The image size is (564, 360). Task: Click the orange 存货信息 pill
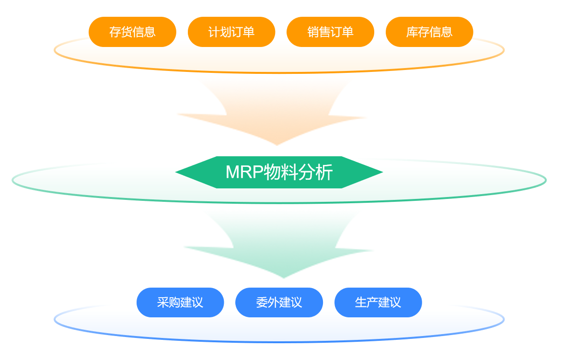click(132, 32)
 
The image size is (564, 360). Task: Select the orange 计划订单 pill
click(231, 32)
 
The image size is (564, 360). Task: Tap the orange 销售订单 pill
click(330, 32)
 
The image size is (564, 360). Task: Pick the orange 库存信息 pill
click(429, 32)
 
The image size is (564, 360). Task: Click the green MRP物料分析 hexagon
click(279, 172)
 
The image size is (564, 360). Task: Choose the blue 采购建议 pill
click(180, 302)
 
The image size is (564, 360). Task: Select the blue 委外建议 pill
click(279, 302)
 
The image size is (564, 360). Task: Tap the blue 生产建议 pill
click(378, 302)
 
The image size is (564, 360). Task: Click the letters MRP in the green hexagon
click(244, 172)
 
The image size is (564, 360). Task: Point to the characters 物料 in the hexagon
click(280, 172)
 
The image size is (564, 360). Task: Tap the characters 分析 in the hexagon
click(315, 172)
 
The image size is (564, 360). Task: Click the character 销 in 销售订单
click(313, 32)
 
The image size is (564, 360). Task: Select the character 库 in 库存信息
click(412, 32)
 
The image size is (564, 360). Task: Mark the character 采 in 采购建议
click(163, 302)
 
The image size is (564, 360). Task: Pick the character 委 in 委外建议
click(262, 302)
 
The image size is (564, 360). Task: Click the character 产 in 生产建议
click(372, 302)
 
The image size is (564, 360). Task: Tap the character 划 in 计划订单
click(226, 32)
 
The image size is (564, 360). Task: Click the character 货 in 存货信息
click(127, 32)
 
